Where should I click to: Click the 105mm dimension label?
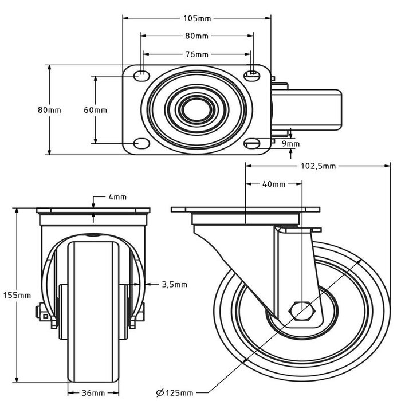click(196, 18)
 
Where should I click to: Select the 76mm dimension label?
click(196, 54)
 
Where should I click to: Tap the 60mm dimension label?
click(95, 109)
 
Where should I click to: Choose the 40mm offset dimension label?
click(274, 184)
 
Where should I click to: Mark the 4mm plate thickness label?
click(117, 197)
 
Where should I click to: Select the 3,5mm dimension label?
click(174, 284)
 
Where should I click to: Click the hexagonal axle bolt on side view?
click(303, 310)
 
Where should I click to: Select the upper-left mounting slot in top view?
click(139, 74)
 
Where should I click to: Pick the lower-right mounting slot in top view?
click(251, 143)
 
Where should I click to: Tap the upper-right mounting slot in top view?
click(251, 74)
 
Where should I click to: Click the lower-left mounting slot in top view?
click(139, 143)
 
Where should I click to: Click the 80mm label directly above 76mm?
click(196, 36)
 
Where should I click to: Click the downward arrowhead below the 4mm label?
click(93, 217)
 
